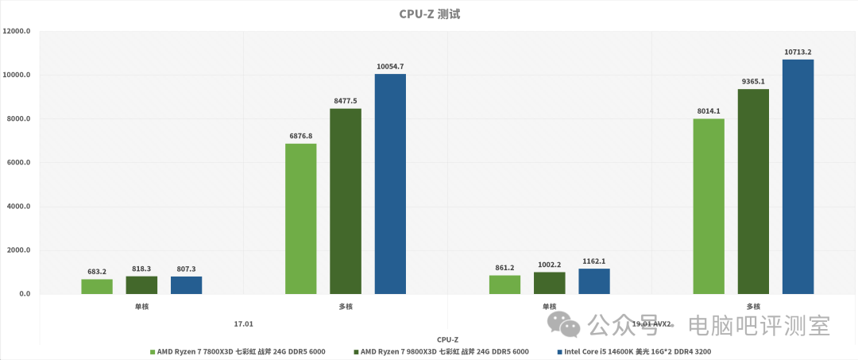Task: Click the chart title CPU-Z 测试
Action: pos(429,14)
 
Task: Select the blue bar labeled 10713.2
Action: pos(798,176)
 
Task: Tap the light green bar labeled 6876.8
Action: pos(300,219)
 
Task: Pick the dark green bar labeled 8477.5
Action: pos(346,201)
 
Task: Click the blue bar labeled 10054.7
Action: pos(390,184)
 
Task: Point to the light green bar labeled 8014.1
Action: pos(709,207)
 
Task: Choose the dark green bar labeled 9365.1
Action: pos(753,192)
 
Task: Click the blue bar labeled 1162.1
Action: pos(594,281)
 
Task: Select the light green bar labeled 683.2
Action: pos(97,287)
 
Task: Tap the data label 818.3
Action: pos(141,269)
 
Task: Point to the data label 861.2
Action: pos(504,268)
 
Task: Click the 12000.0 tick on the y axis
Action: pos(17,32)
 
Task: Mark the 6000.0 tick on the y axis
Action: pos(18,163)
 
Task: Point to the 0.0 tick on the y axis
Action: pos(23,294)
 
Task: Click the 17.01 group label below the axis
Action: pos(243,323)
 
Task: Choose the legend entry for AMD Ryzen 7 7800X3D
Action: pos(237,351)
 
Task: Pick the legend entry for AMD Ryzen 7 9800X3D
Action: pos(440,351)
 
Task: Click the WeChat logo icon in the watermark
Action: pos(566,323)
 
